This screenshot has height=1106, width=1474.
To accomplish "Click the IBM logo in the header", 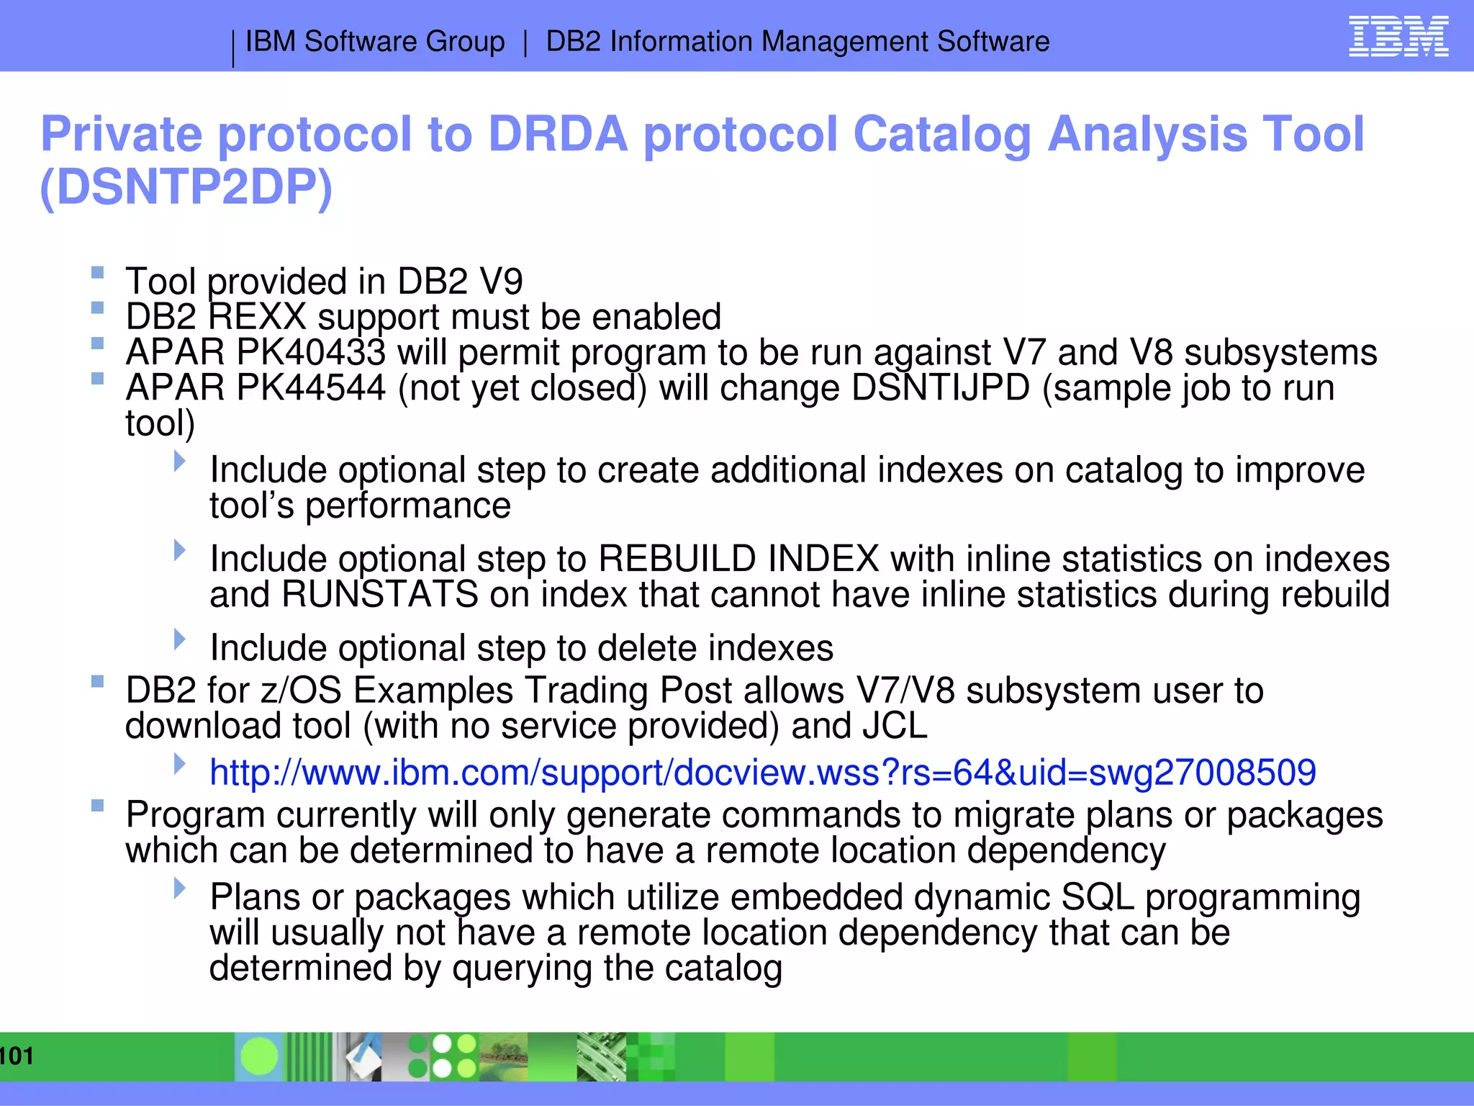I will point(1398,37).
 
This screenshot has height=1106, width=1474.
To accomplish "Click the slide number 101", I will point(17,1056).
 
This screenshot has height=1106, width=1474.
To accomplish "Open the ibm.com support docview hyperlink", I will point(762,772).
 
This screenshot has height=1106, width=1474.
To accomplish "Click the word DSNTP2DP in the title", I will point(186,187).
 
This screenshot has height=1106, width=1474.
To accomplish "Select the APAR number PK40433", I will point(310,352).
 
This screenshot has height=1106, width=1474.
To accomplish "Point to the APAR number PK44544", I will point(310,387).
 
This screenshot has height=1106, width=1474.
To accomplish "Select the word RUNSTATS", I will point(379,595).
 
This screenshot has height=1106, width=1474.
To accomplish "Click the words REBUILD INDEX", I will point(738,559).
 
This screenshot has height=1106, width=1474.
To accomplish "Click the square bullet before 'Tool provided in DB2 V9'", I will point(98,273).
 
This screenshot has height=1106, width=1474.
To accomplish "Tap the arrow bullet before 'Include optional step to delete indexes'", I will point(180,639).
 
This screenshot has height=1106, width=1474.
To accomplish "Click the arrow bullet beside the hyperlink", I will point(180,763).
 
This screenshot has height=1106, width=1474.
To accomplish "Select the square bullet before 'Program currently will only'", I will point(98,806).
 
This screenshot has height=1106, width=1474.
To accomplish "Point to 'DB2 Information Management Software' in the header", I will point(797,41).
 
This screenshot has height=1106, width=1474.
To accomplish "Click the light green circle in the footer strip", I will point(259,1056).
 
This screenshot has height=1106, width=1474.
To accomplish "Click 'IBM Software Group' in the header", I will point(374,41).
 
